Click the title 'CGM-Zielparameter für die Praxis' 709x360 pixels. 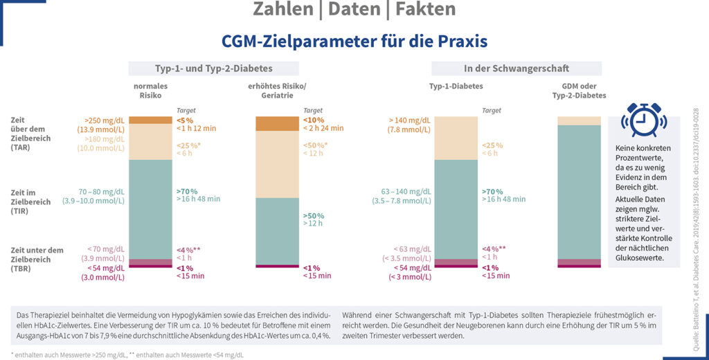click(x=354, y=41)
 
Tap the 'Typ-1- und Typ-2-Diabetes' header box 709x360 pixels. click(x=213, y=69)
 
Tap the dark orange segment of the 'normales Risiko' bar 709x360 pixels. click(x=150, y=120)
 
